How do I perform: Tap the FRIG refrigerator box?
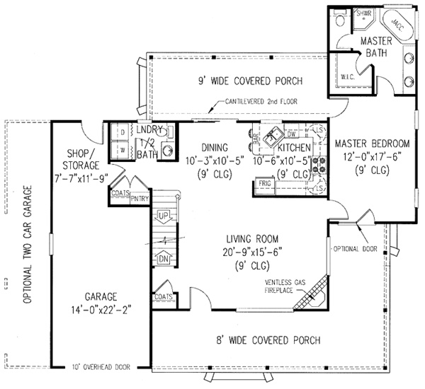coord(265,184)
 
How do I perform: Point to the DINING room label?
coord(212,148)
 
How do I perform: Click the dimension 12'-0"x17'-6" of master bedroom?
coord(369,156)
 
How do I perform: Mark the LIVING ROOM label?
coord(251,238)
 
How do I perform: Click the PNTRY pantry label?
coord(139,199)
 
